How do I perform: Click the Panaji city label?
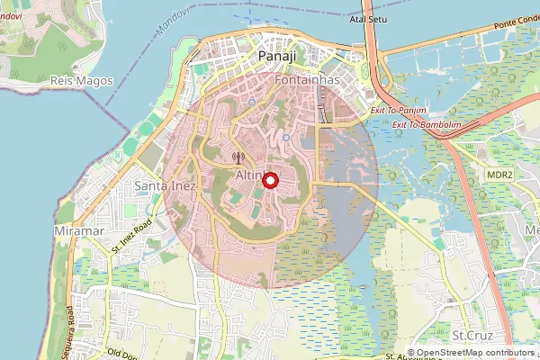[x=276, y=57]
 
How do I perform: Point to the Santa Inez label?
[x=162, y=186]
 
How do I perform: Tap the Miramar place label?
[x=80, y=231]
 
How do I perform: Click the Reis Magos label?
[x=81, y=81]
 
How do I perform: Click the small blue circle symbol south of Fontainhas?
[x=286, y=137]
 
